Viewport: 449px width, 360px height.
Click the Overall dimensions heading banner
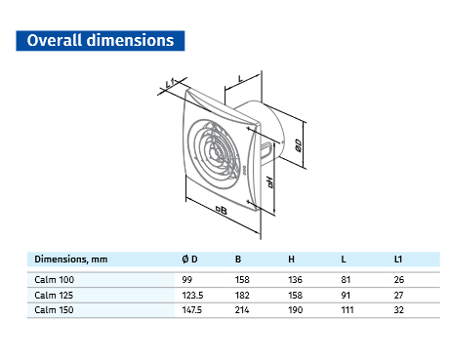tap(101, 40)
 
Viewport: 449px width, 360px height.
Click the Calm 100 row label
tap(54, 279)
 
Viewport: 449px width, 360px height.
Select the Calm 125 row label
tap(54, 294)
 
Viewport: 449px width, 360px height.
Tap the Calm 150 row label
tap(54, 309)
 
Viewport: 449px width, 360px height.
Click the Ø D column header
tap(189, 260)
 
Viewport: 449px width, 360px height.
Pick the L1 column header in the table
tap(397, 260)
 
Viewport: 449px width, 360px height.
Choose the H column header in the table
tap(293, 260)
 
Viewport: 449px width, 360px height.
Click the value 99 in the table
tap(188, 279)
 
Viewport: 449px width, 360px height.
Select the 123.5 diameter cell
tap(193, 294)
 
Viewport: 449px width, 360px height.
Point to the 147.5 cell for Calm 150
tap(193, 309)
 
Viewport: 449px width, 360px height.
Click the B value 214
tap(243, 309)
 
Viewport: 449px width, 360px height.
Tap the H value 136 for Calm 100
tap(297, 279)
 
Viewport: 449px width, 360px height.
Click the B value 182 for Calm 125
tap(243, 294)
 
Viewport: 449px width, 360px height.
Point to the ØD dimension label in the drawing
tap(299, 146)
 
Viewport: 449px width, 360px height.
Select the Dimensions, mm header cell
tap(71, 260)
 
